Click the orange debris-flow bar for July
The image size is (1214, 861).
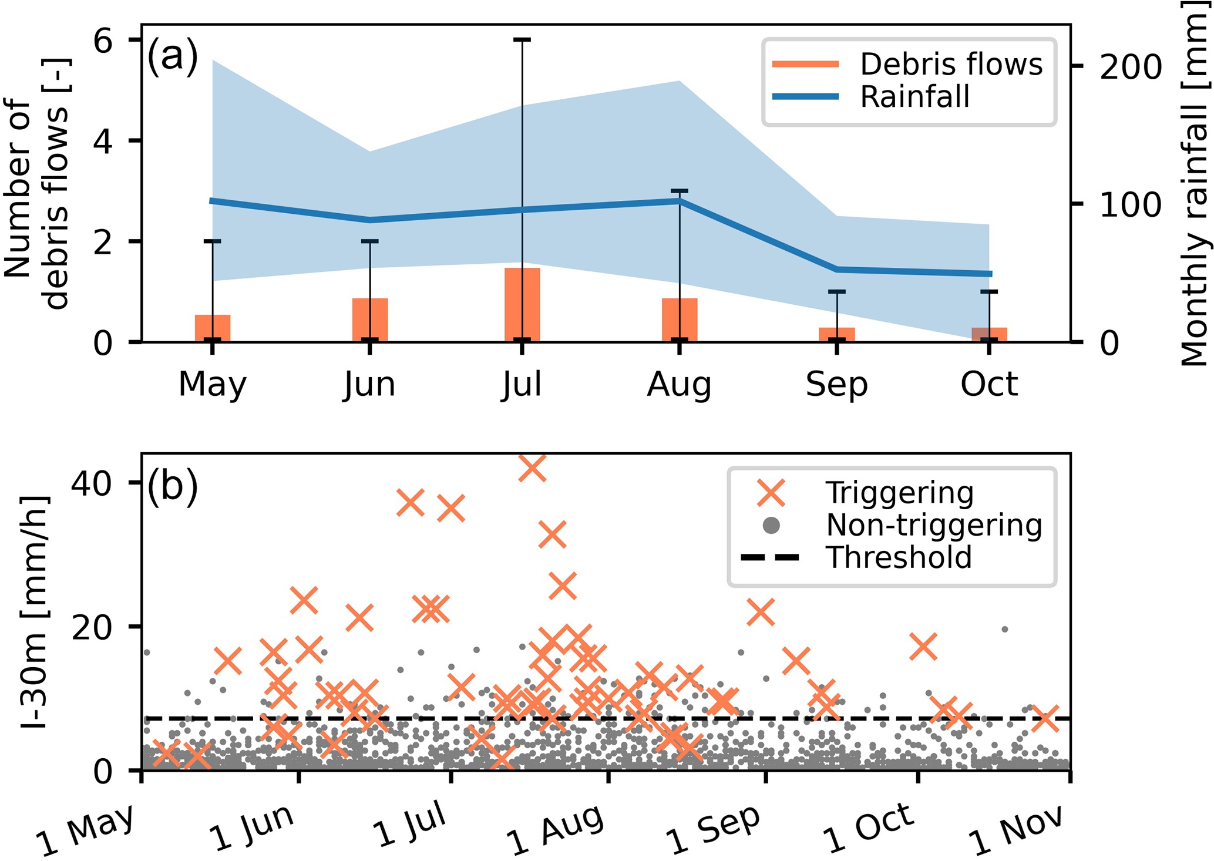pyautogui.click(x=522, y=304)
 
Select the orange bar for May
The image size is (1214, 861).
pyautogui.click(x=213, y=328)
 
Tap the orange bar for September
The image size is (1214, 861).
pyautogui.click(x=836, y=334)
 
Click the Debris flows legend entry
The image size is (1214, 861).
pyautogui.click(x=908, y=65)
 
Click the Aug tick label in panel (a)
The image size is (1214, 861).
pyautogui.click(x=679, y=385)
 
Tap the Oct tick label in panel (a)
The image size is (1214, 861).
pyautogui.click(x=989, y=385)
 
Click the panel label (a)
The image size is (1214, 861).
pyautogui.click(x=172, y=58)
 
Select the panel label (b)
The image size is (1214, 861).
pyautogui.click(x=172, y=486)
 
